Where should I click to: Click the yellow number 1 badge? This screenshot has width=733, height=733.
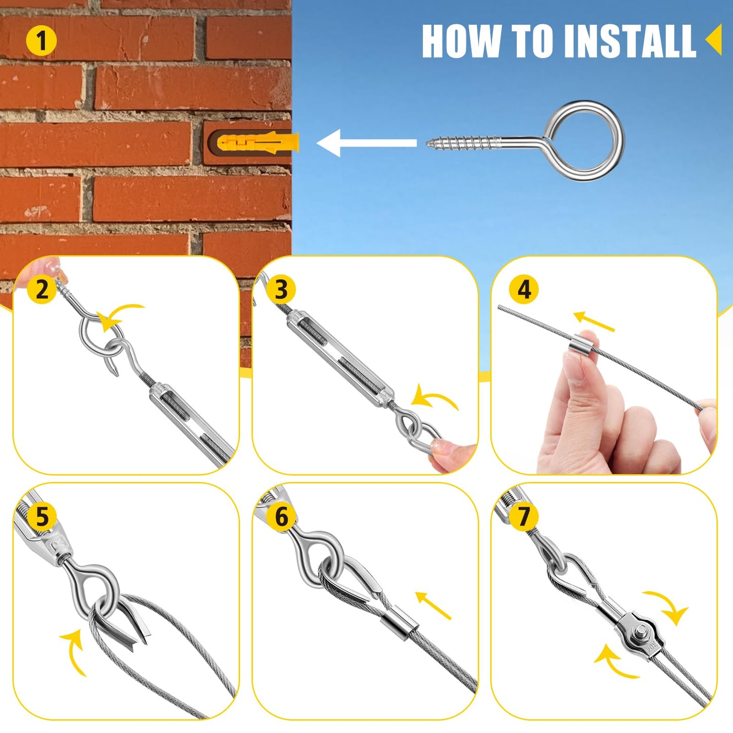[42, 41]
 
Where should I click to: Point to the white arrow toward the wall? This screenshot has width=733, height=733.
[366, 143]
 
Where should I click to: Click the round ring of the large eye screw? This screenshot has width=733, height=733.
[585, 141]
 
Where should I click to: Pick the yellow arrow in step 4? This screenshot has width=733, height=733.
[594, 322]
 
